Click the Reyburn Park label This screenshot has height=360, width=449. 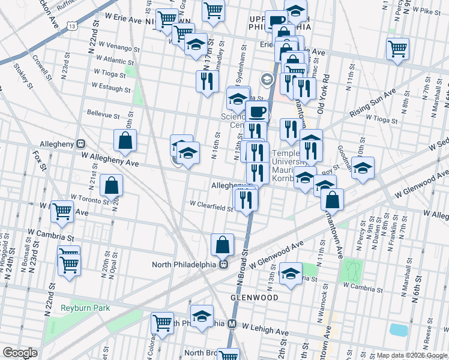85,308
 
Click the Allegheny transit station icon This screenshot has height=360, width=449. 80,144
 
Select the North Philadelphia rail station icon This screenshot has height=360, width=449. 223,263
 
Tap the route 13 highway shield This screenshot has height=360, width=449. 72,26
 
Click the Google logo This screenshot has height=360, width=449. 20,352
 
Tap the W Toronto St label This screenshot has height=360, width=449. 89,197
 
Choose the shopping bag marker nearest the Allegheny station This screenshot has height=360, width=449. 125,141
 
